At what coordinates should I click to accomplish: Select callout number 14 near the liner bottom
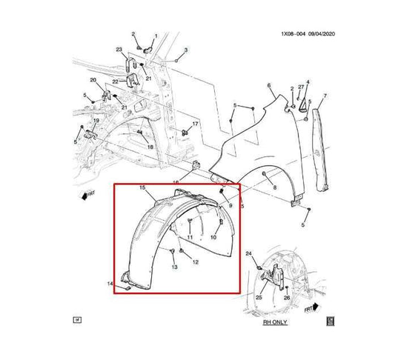110,284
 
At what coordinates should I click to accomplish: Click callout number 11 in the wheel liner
190,237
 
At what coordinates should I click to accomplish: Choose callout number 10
214,237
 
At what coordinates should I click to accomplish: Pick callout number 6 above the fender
268,86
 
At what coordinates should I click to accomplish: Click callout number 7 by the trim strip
324,97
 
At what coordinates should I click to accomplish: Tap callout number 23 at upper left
119,50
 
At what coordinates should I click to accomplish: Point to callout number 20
93,80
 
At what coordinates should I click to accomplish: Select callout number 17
196,124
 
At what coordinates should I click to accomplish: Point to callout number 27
301,88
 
